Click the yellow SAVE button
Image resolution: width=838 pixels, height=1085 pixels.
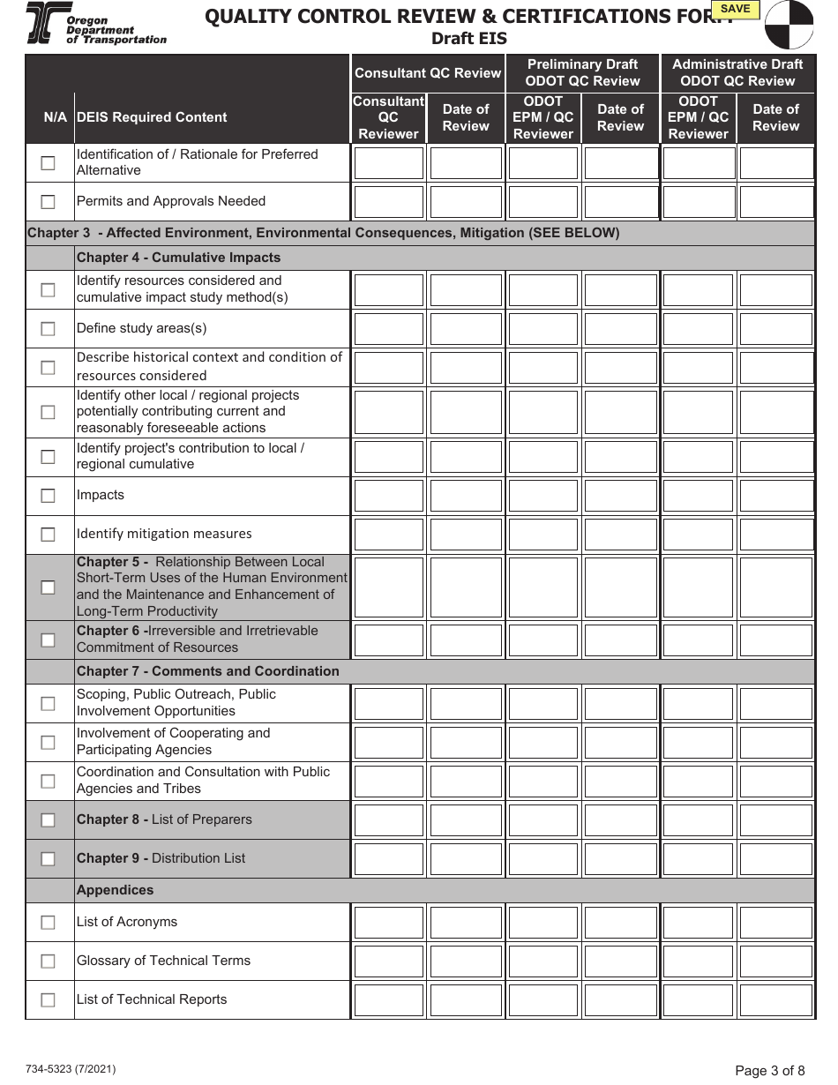(735, 10)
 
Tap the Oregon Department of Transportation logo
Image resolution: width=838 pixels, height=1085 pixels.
(95, 24)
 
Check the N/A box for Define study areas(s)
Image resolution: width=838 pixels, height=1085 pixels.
(48, 329)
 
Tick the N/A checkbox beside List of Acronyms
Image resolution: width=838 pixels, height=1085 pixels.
(48, 923)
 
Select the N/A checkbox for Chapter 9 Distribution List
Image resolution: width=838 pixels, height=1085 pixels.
(48, 859)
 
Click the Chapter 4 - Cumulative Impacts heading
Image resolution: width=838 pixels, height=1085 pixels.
(178, 258)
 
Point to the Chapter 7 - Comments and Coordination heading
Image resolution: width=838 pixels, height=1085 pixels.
(207, 671)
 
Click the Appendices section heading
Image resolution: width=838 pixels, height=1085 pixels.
(115, 890)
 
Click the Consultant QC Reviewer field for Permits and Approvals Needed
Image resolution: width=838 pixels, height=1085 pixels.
(389, 202)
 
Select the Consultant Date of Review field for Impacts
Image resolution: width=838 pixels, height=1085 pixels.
(466, 496)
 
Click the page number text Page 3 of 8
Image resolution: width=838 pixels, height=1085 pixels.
(769, 1071)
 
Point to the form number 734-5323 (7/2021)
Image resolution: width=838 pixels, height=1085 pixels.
(71, 1069)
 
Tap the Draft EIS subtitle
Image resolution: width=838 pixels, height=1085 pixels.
(468, 39)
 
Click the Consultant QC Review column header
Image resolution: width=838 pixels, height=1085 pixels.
(428, 73)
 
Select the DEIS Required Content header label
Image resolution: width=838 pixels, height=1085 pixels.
(152, 117)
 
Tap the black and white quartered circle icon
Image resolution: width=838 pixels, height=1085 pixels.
(789, 25)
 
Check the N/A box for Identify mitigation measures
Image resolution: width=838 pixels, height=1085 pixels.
(48, 535)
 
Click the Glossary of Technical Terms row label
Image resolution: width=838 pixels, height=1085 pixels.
(163, 961)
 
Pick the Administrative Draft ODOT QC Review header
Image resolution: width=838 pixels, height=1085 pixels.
(737, 72)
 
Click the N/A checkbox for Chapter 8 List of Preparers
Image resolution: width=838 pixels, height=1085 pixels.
(48, 820)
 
